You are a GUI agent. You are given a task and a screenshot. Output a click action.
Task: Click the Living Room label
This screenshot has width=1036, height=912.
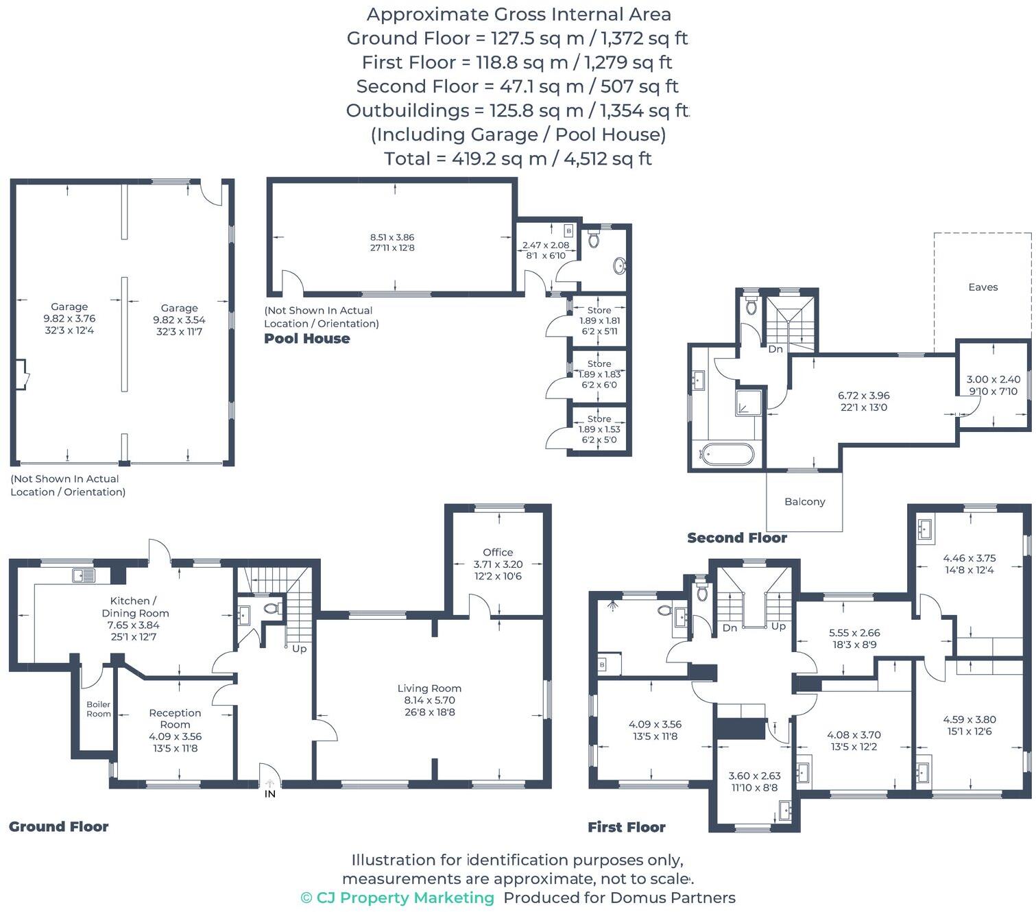pyautogui.click(x=429, y=688)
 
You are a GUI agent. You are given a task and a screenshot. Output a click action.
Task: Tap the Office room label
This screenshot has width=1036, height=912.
pyautogui.click(x=498, y=552)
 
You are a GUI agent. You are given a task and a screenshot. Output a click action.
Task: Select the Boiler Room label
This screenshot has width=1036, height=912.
pyautogui.click(x=98, y=709)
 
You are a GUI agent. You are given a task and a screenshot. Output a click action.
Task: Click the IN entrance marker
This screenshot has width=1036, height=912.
pyautogui.click(x=270, y=793)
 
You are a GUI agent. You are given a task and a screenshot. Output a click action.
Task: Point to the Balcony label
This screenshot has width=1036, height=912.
pyautogui.click(x=804, y=502)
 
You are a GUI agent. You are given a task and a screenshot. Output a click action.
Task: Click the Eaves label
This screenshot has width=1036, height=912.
pyautogui.click(x=983, y=287)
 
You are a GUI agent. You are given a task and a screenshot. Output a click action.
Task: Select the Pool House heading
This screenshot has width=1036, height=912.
pyautogui.click(x=307, y=339)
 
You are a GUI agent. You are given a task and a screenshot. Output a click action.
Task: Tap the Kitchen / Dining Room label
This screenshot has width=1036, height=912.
pyautogui.click(x=135, y=607)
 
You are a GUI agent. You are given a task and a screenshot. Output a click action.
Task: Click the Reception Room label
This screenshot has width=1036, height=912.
pyautogui.click(x=175, y=719)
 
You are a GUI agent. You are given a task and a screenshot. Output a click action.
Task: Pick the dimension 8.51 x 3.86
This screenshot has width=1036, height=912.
pyautogui.click(x=392, y=237)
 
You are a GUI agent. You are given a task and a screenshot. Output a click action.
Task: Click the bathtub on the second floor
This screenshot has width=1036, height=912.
pyautogui.click(x=726, y=453)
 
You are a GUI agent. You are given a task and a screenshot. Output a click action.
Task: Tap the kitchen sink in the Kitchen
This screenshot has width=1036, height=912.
pyautogui.click(x=84, y=576)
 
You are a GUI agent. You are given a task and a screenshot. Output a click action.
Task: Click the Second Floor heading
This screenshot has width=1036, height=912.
pyautogui.click(x=737, y=538)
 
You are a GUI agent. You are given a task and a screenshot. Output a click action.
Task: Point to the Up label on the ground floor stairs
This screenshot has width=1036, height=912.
pyautogui.click(x=299, y=649)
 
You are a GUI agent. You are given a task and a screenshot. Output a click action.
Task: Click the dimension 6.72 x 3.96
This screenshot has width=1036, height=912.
pyautogui.click(x=863, y=396)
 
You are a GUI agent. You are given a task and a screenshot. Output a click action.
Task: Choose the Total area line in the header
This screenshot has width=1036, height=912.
pyautogui.click(x=518, y=159)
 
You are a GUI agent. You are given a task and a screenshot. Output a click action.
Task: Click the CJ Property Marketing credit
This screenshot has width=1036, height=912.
pyautogui.click(x=397, y=898)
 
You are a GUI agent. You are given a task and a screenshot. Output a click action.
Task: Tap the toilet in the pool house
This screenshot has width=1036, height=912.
pyautogui.click(x=594, y=239)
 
